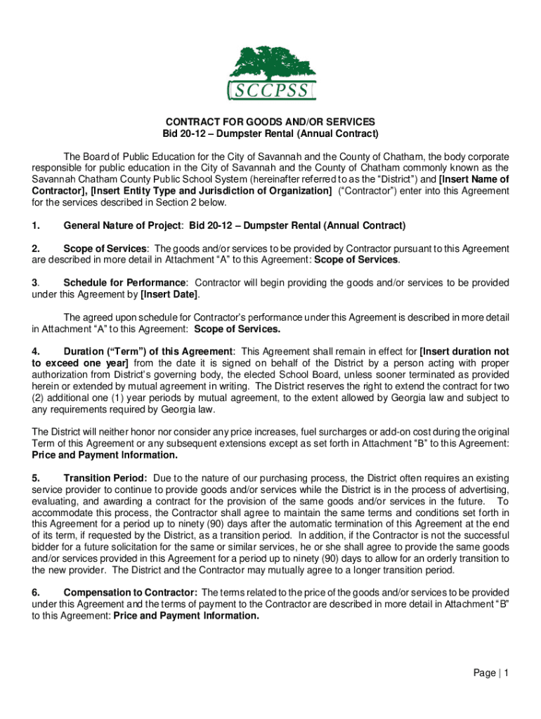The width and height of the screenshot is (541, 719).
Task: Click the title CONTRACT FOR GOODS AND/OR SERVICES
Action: point(270,121)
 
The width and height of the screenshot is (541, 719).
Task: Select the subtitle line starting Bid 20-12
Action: point(270,133)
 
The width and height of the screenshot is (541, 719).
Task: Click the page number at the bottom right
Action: point(490,673)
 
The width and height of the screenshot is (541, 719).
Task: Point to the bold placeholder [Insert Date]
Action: point(169,294)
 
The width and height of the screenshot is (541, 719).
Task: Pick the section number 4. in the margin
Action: point(35,351)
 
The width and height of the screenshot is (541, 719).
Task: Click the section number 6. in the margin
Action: point(35,592)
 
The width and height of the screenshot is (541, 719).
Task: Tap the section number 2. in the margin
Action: point(35,249)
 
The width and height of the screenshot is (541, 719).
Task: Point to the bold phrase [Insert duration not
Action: point(464,351)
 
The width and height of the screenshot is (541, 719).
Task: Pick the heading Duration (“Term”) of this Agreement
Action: point(149,351)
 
